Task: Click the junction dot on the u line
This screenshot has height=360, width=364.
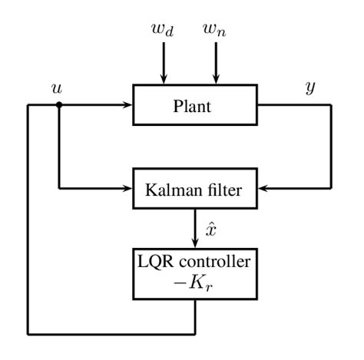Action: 59,105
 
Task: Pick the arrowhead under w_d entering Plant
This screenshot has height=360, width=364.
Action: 163,80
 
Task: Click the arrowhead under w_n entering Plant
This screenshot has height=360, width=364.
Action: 216,80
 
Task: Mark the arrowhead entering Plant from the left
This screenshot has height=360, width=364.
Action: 128,105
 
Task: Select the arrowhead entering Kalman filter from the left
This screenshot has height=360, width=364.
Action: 128,187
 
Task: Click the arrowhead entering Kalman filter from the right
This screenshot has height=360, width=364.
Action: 261,187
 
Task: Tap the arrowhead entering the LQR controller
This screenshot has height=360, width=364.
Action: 195,244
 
